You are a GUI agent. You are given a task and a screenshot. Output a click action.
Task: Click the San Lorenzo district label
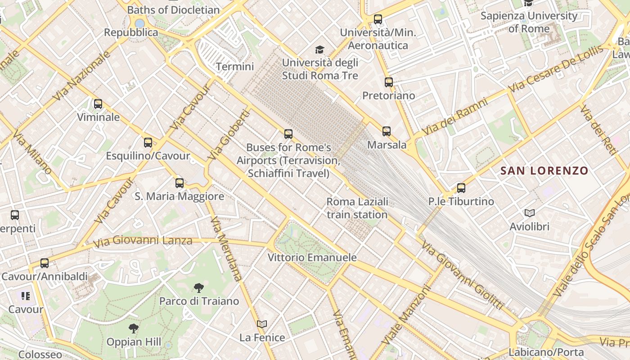544,171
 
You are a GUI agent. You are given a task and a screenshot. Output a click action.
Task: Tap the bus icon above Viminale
98,104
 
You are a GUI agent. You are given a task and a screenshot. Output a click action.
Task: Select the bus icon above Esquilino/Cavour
148,143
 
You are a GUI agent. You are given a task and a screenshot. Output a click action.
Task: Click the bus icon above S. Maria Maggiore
180,183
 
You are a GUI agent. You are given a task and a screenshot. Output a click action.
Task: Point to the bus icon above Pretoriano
389,82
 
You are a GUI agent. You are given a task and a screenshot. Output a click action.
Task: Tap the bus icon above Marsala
387,131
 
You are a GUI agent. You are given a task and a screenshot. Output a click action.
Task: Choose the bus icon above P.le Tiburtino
461,188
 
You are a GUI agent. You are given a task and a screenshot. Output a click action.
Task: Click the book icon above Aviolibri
530,213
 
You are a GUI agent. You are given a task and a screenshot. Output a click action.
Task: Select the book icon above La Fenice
262,324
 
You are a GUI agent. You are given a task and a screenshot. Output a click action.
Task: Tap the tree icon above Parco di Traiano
198,288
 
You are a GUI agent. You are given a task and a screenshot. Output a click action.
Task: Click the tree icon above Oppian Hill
133,328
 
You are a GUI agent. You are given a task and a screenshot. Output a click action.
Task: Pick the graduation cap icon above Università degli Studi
319,49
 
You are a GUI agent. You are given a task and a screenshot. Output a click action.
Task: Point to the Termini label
235,67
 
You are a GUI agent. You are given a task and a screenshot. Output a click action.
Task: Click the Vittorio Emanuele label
312,258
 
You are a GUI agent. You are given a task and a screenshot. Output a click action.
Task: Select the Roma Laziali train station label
357,208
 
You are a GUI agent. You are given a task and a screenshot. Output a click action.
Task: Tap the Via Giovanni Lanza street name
143,242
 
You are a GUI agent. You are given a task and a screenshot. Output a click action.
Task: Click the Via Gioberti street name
229,135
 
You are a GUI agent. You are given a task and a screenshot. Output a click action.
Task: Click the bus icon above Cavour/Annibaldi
45,263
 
